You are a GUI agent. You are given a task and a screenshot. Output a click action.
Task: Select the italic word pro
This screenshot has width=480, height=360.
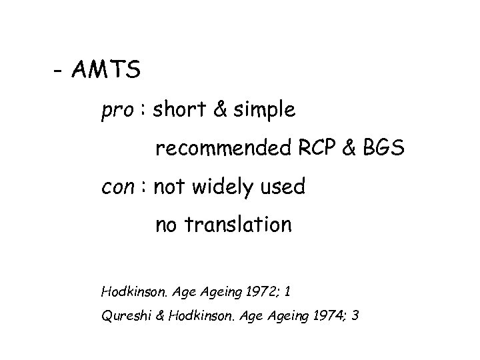click(117, 111)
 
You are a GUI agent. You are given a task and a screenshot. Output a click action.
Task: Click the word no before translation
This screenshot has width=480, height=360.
click(167, 225)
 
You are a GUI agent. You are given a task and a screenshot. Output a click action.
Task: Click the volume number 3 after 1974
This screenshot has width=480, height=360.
click(357, 315)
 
